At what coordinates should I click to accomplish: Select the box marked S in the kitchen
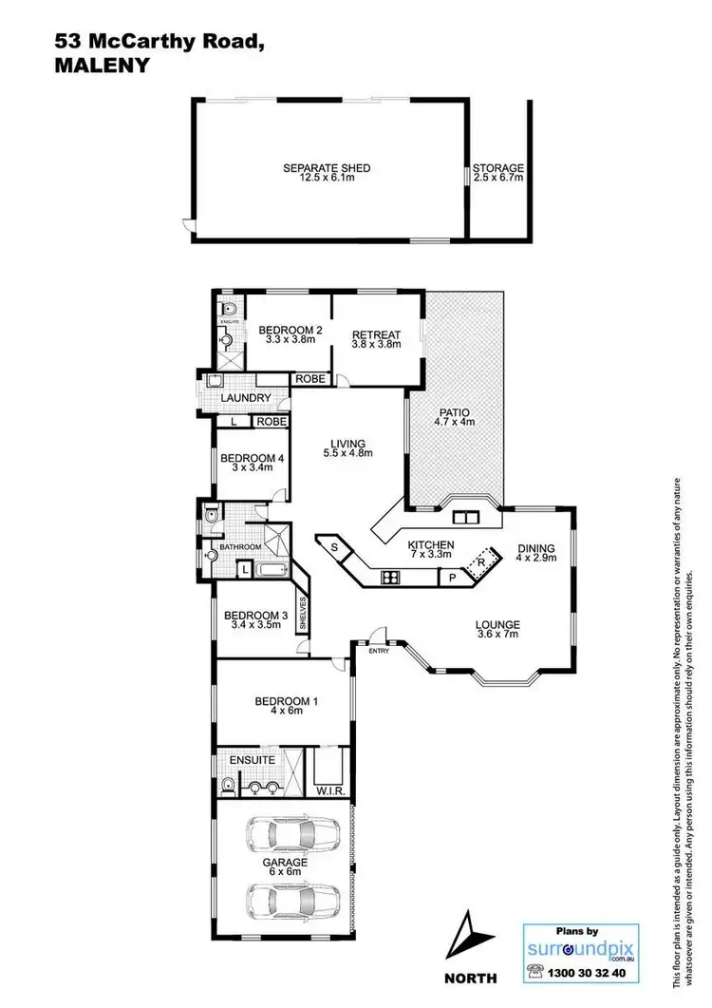pos(334,547)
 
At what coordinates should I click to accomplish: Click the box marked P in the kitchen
pos(451,577)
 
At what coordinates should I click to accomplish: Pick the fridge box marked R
pos(484,561)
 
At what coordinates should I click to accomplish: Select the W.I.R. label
pos(328,790)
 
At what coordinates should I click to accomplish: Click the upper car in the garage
pos(291,835)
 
